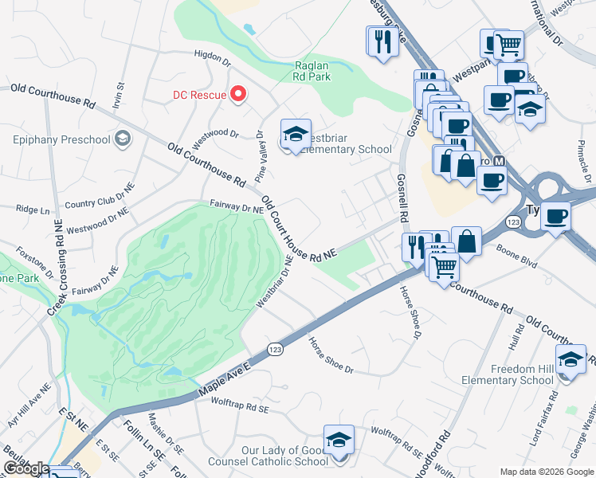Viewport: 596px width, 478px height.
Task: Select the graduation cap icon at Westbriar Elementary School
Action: click(x=296, y=135)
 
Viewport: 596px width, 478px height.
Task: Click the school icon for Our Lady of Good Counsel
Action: click(x=338, y=441)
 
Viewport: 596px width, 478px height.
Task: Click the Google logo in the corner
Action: click(x=25, y=469)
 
